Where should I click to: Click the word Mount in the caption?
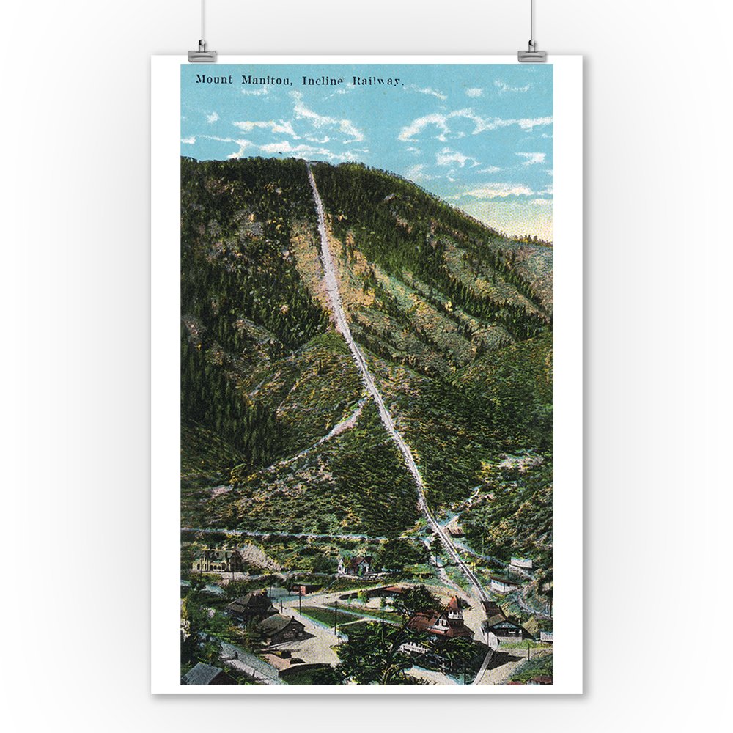point(214,79)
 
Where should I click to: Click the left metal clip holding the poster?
point(202,54)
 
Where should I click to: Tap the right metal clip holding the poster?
point(531,54)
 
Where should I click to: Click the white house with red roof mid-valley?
point(356,564)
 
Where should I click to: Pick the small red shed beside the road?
point(301,589)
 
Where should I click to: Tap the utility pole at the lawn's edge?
point(336,618)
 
